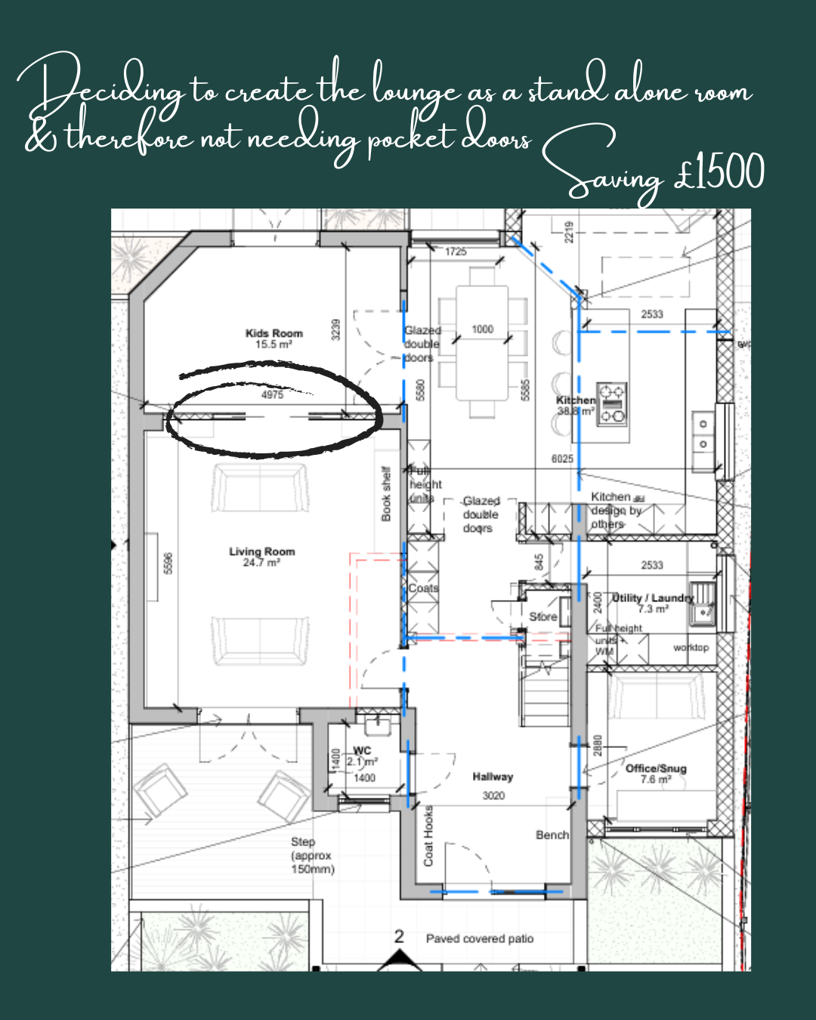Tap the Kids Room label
point(274,338)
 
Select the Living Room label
point(261,557)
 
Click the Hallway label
point(493,777)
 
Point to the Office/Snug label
point(656,773)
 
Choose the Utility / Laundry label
point(652,602)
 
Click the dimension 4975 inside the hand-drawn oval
point(272,395)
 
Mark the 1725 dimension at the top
point(456,252)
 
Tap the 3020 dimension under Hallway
point(493,796)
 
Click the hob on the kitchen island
point(612,404)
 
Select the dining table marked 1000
point(482,344)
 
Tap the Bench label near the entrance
point(552,835)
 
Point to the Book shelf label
point(386,494)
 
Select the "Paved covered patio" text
point(480,938)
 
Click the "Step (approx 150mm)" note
point(312,855)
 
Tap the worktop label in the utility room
point(691,648)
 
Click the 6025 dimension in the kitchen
point(562,459)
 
